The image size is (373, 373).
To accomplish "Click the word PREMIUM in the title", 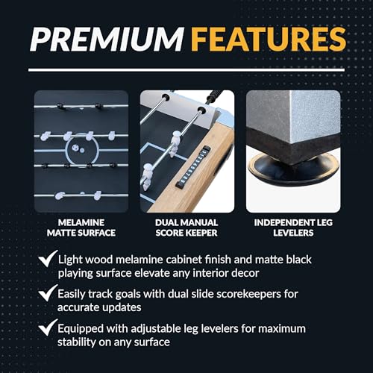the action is [x=107, y=40].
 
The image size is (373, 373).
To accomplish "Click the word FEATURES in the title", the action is [x=269, y=40].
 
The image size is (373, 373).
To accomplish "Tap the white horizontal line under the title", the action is [x=186, y=70].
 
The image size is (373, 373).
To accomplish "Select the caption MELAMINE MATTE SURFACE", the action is [x=81, y=228].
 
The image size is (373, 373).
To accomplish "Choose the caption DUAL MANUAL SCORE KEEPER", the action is [x=186, y=228].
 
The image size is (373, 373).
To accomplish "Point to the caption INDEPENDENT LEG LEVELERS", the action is [x=293, y=228].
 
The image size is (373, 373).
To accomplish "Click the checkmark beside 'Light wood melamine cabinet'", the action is [x=48, y=259].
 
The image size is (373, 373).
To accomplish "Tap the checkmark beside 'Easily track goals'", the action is [x=48, y=293].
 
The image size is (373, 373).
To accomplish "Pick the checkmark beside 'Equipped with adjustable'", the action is [x=48, y=327].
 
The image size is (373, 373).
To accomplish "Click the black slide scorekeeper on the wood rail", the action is [x=194, y=167].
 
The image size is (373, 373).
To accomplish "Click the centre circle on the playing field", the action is [x=82, y=149].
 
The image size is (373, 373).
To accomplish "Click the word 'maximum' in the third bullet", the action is [x=282, y=329].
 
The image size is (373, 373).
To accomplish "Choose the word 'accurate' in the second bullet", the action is [x=78, y=308].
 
